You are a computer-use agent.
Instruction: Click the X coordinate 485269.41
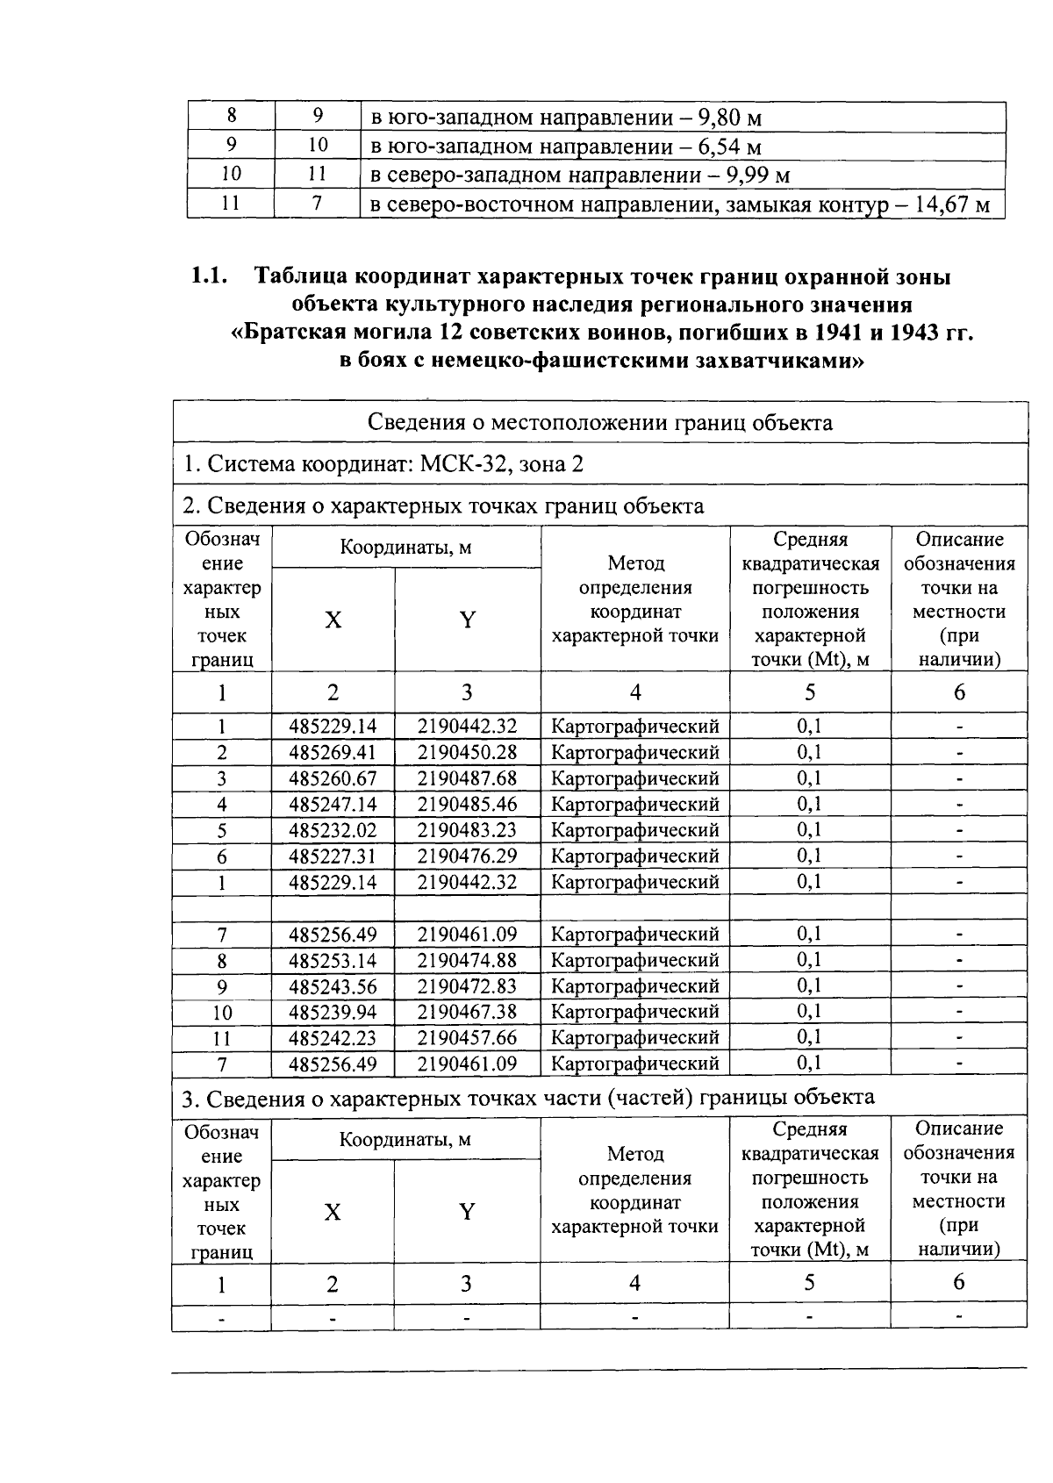333,753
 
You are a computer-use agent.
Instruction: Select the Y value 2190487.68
467,779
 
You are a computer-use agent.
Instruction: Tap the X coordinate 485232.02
333,830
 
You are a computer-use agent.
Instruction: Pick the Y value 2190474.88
467,960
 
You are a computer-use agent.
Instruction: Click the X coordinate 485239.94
333,1012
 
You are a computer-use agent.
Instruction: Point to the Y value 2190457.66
467,1038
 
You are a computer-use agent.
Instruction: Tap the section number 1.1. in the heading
210,277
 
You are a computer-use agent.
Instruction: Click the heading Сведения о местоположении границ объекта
599,423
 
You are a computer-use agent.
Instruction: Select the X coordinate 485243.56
333,986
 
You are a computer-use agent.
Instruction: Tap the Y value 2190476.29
467,856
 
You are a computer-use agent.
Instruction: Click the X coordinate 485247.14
333,805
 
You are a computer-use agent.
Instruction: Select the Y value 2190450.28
467,753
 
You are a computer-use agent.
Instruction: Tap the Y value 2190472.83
467,986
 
